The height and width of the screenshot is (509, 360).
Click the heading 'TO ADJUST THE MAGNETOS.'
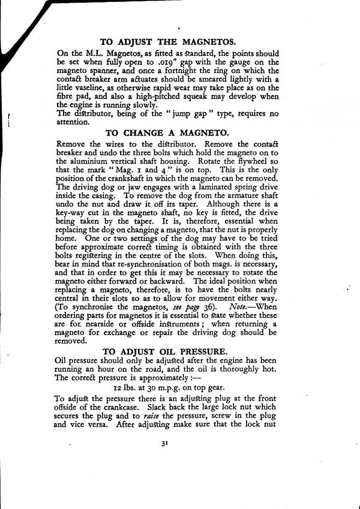pyautogui.click(x=168, y=42)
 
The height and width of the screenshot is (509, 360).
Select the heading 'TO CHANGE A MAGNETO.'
pyautogui.click(x=167, y=133)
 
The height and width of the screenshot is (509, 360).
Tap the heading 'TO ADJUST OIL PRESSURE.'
pyautogui.click(x=166, y=351)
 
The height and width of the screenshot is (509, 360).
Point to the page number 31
pyautogui.click(x=164, y=444)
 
